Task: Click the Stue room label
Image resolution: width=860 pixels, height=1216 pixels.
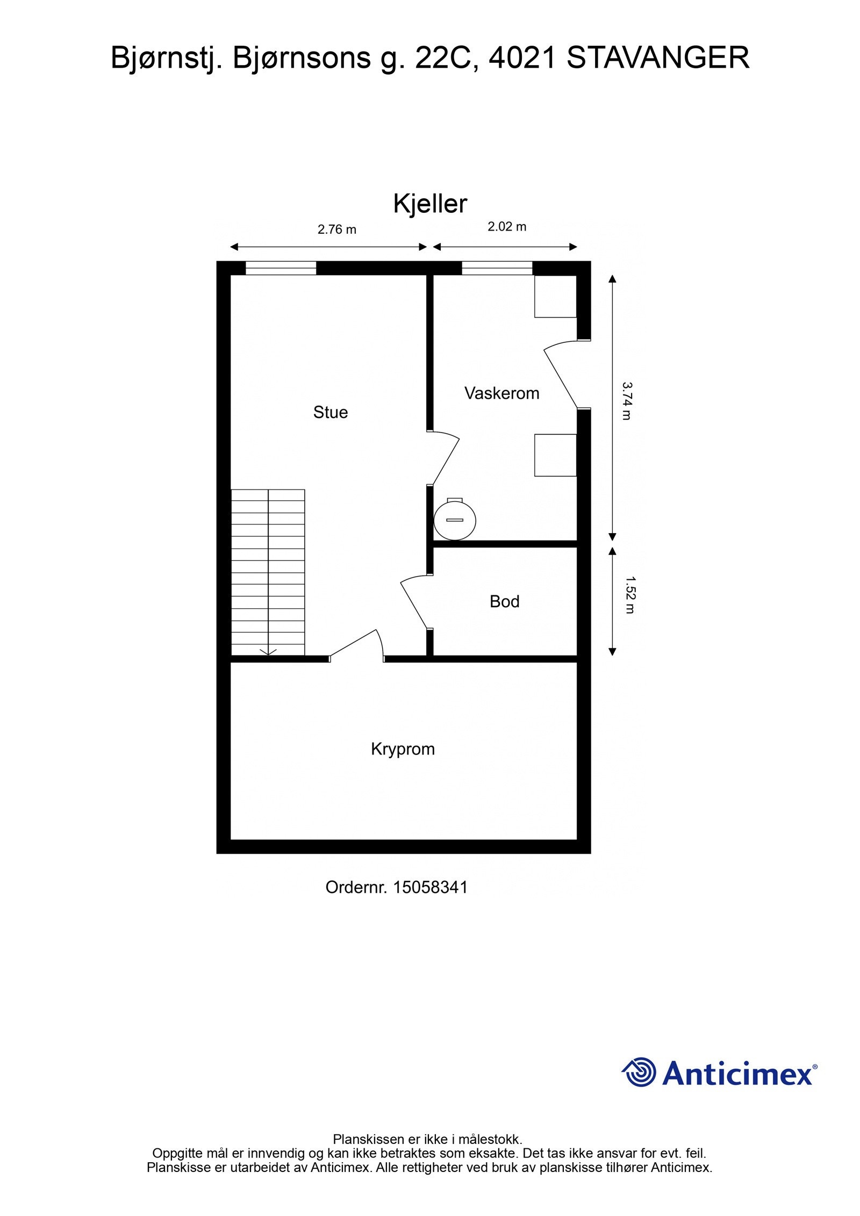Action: (x=330, y=412)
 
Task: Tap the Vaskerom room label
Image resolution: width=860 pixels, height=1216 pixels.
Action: (x=501, y=393)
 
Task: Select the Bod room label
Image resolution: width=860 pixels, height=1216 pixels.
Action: (x=504, y=601)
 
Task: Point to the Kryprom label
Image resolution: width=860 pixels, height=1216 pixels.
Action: (x=403, y=749)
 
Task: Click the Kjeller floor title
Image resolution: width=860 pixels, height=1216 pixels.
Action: (x=430, y=204)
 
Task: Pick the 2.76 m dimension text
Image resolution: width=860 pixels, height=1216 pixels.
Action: (x=336, y=229)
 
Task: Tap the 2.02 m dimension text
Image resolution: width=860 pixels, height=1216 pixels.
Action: (x=506, y=227)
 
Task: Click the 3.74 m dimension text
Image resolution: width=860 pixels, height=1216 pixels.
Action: (x=627, y=401)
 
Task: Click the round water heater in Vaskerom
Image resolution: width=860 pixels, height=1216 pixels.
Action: (x=455, y=519)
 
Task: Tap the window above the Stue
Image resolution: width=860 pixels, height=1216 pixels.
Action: (x=281, y=268)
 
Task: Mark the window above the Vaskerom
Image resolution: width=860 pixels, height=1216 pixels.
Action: (x=497, y=268)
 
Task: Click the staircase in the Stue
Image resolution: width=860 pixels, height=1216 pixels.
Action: (x=268, y=572)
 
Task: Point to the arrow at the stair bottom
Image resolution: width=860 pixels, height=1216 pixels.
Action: (x=268, y=652)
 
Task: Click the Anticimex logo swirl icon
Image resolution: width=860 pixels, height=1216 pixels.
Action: (x=640, y=1072)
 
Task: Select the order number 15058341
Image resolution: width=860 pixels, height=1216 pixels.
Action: (x=430, y=887)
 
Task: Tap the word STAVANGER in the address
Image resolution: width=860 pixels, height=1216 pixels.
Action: (x=657, y=58)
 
